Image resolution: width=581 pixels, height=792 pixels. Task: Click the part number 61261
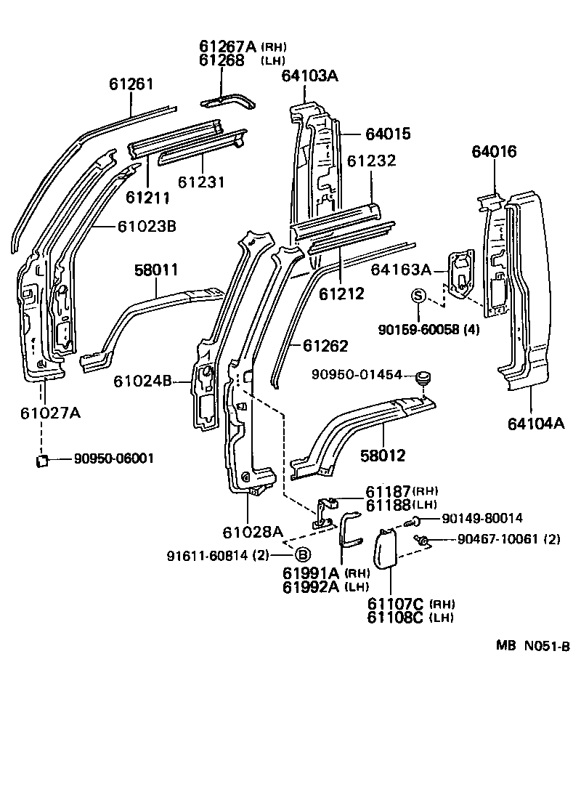pyautogui.click(x=131, y=84)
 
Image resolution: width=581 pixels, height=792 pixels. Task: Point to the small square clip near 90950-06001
pyautogui.click(x=43, y=460)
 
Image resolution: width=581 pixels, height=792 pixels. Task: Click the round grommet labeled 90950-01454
pyautogui.click(x=423, y=377)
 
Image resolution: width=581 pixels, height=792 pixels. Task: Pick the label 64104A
pyautogui.click(x=534, y=424)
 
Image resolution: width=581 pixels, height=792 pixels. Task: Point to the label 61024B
pyautogui.click(x=142, y=381)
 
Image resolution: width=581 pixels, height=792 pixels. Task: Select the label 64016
pyautogui.click(x=494, y=152)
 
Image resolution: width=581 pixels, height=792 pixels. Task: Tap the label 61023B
pyautogui.click(x=147, y=226)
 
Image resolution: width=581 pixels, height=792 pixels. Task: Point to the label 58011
pyautogui.click(x=156, y=270)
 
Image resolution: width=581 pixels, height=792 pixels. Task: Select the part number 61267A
pyautogui.click(x=227, y=46)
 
